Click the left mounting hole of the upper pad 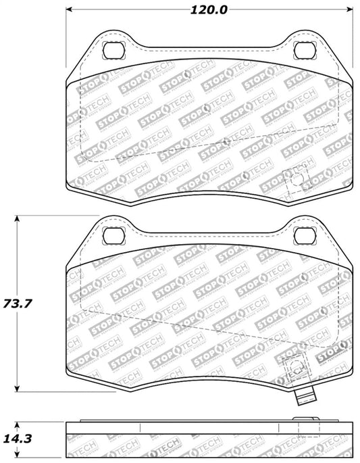[x=112, y=50]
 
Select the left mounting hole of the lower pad [x=112, y=235]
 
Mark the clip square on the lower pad [x=294, y=368]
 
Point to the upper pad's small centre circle [x=224, y=142]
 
